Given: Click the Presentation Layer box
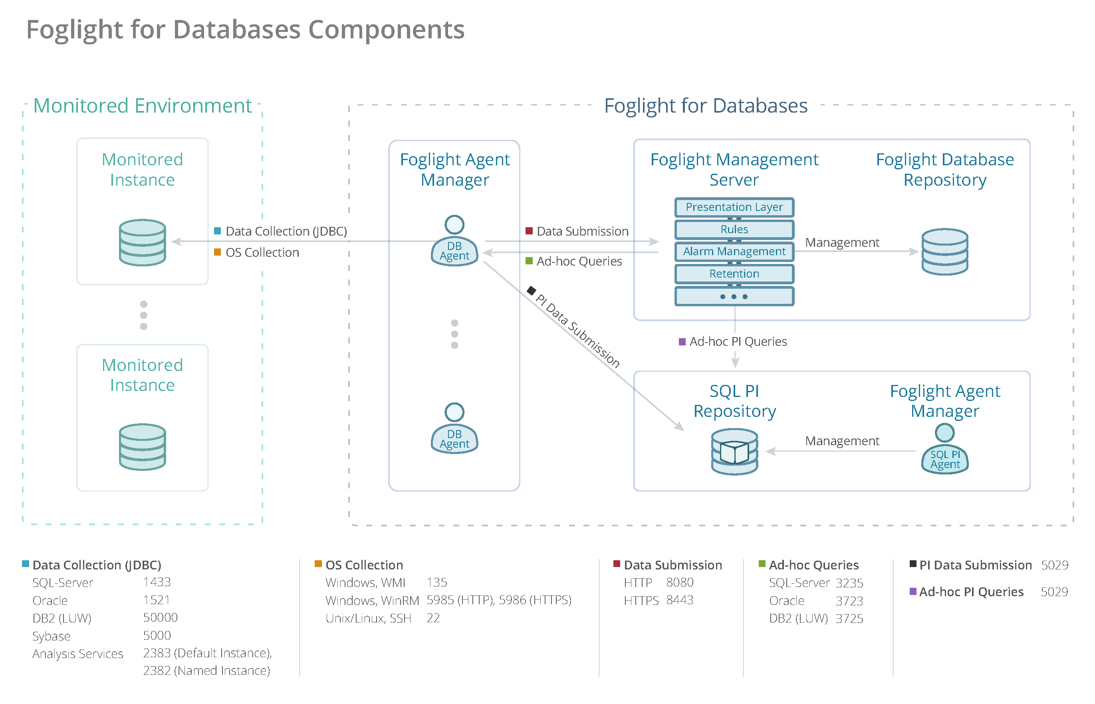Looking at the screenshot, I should click(x=734, y=207).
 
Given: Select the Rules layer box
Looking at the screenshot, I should click(x=734, y=229).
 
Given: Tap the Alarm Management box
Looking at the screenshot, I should click(x=734, y=252).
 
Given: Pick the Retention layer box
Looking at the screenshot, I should click(x=734, y=274).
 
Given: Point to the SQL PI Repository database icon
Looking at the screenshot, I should click(x=734, y=451).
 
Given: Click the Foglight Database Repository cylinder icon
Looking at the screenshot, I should click(x=944, y=252).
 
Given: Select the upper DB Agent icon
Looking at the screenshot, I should click(x=454, y=241).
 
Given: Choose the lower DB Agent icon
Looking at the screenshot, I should click(x=454, y=429).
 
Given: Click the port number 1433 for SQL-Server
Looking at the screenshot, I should click(x=157, y=582).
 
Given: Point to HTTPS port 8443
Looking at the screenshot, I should click(x=679, y=600).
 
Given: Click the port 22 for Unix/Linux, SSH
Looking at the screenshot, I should click(x=433, y=618).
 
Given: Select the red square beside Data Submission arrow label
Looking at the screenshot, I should click(x=529, y=231).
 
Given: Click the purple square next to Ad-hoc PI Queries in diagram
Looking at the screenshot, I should click(x=682, y=341).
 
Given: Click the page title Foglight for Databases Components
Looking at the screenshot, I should click(x=246, y=30).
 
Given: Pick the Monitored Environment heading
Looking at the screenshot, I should click(x=143, y=105).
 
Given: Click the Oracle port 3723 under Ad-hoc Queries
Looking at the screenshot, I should click(x=849, y=601).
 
